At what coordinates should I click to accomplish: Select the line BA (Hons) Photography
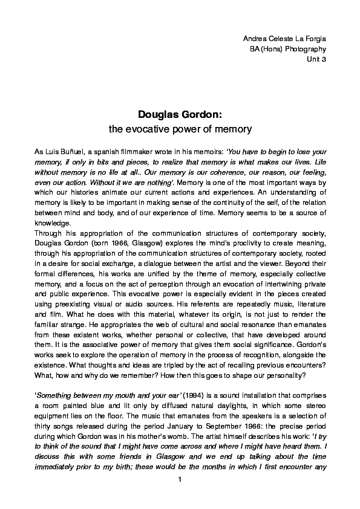pos(288,49)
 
